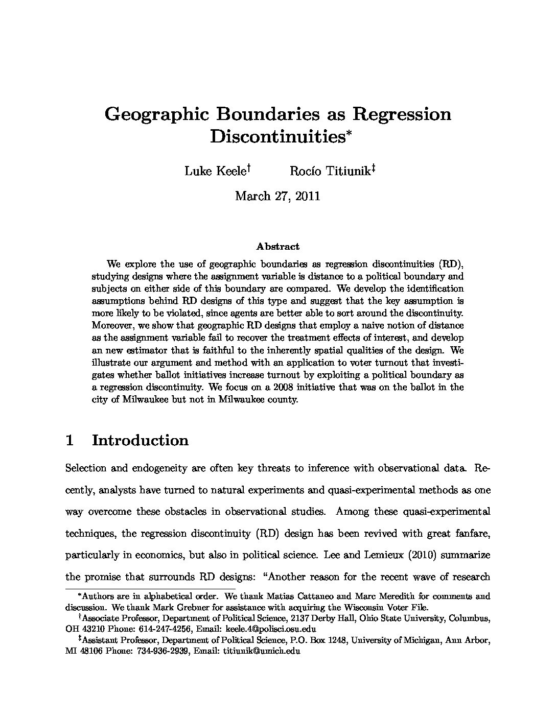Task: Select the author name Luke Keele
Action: click(215, 171)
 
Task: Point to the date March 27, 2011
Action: click(277, 196)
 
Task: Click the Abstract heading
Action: click(278, 247)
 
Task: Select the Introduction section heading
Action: click(140, 441)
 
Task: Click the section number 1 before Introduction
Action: click(71, 441)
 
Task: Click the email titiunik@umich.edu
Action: click(262, 651)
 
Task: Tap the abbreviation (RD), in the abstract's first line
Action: click(450, 265)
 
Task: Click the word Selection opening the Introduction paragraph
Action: click(86, 468)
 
